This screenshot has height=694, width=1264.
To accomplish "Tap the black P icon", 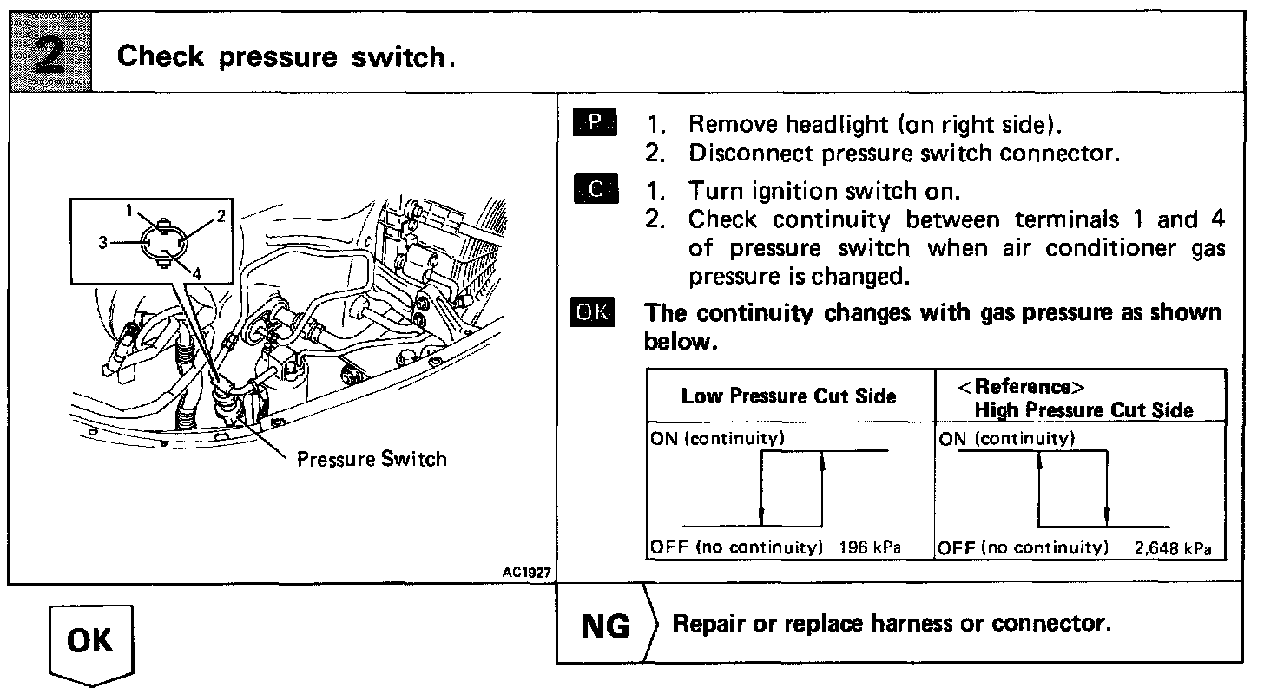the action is coord(594,123).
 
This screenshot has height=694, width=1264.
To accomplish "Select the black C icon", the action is coord(594,189).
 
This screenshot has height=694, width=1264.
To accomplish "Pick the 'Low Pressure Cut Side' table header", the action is coord(788,396).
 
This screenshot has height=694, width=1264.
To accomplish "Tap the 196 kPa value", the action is coord(870,547).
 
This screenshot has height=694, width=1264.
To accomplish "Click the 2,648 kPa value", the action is coord(1172,548).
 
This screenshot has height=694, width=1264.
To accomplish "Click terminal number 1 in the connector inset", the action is coord(128,209).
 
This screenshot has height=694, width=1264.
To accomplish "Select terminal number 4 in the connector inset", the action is coord(197,272).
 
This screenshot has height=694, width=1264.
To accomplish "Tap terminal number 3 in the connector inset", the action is coord(102,243).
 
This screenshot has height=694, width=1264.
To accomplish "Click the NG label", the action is coord(604,625).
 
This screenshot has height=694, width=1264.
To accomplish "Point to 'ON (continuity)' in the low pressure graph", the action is coord(717,439).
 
